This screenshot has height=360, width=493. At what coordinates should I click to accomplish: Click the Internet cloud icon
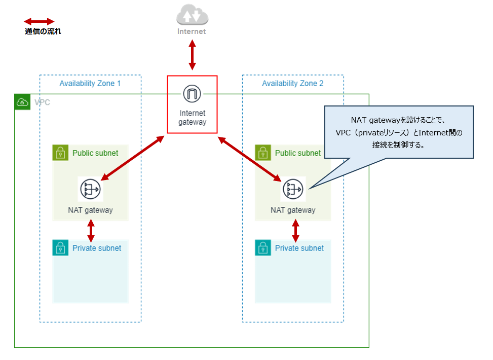pyautogui.click(x=192, y=15)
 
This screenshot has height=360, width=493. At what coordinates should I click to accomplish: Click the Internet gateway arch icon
pyautogui.click(x=192, y=94)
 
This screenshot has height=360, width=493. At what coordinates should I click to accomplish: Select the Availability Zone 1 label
pyautogui.click(x=90, y=83)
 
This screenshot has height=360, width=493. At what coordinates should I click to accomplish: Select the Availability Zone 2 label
pyautogui.click(x=292, y=83)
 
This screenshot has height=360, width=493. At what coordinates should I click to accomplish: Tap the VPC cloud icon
pyautogui.click(x=22, y=102)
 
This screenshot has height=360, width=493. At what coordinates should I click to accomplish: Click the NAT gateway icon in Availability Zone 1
pyautogui.click(x=90, y=189)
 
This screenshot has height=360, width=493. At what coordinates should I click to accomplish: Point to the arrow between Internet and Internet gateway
pyautogui.click(x=192, y=55)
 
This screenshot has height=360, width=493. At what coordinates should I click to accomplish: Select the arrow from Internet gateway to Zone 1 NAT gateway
pyautogui.click(x=132, y=158)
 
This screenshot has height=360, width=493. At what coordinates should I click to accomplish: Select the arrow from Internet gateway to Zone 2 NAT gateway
pyautogui.click(x=250, y=158)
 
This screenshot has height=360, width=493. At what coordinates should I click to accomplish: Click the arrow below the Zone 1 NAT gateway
pyautogui.click(x=91, y=230)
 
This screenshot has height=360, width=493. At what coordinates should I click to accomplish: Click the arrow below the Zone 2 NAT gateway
pyautogui.click(x=295, y=230)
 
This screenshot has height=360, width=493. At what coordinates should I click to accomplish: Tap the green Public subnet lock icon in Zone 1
pyautogui.click(x=60, y=153)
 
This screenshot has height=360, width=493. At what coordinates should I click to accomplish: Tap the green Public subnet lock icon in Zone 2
pyautogui.click(x=263, y=153)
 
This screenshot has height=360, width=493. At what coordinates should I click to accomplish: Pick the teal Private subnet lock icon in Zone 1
pyautogui.click(x=60, y=248)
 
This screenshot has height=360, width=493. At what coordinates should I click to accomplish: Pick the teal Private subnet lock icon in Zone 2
pyautogui.click(x=263, y=248)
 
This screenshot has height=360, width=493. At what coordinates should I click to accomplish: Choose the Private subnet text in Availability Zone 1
pyautogui.click(x=97, y=248)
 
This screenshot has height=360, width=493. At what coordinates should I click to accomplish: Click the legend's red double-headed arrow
pyautogui.click(x=39, y=21)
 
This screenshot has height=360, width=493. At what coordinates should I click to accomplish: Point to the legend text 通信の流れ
pyautogui.click(x=43, y=31)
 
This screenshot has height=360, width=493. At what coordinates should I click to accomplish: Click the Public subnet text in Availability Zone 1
pyautogui.click(x=95, y=153)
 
